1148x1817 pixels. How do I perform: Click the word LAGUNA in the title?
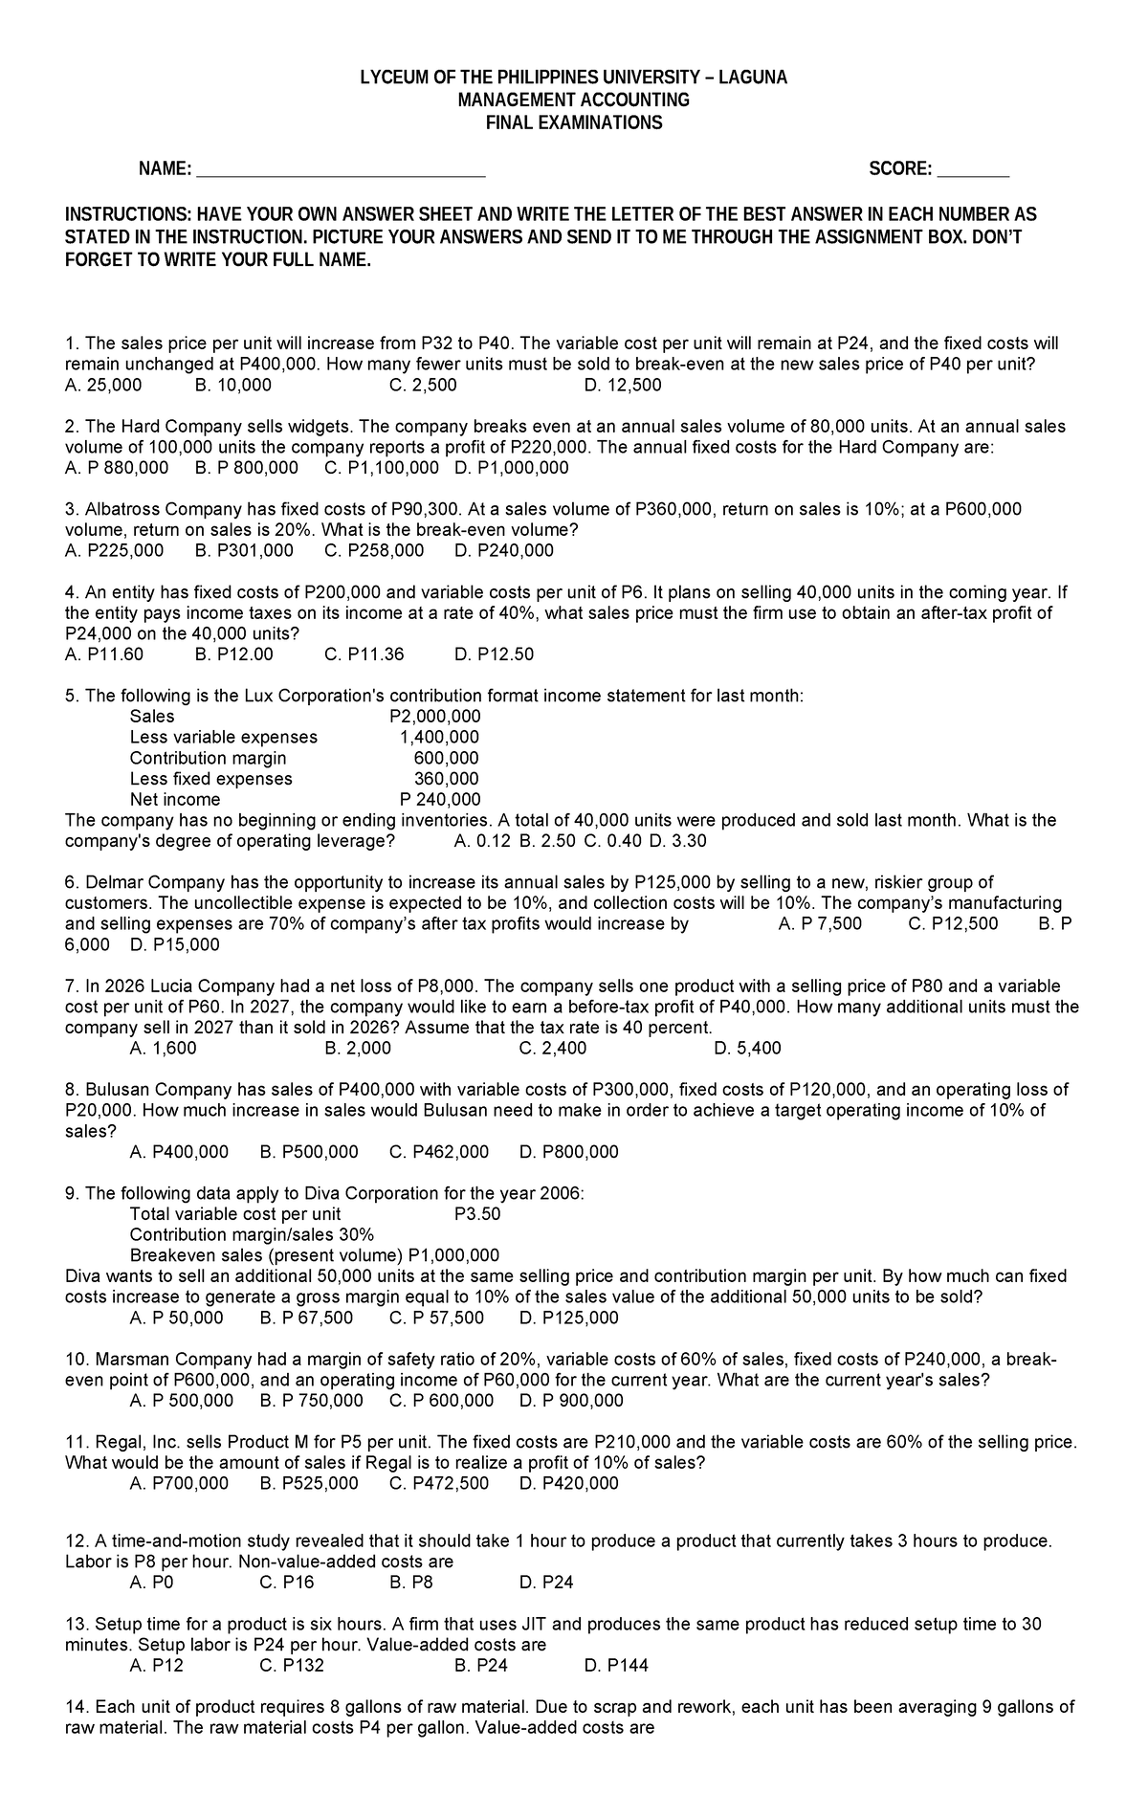752,78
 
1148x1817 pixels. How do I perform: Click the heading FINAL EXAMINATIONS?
574,123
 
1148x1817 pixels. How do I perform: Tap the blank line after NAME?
340,170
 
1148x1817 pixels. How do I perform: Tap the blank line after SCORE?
973,170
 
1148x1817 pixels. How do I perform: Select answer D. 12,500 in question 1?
622,386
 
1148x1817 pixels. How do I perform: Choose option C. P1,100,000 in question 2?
382,468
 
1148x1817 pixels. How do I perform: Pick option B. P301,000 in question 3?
244,551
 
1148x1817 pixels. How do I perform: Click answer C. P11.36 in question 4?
364,654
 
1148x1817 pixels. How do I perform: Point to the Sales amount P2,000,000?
435,717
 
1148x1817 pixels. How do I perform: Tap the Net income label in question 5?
175,800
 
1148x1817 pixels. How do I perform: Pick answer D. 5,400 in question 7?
747,1049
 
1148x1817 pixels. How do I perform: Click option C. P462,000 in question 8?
439,1152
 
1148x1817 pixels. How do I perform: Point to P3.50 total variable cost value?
477,1214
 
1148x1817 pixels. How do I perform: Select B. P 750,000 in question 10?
311,1401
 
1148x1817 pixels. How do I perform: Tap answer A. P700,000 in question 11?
179,1484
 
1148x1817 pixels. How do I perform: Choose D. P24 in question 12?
546,1583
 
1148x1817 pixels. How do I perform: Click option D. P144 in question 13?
616,1666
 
